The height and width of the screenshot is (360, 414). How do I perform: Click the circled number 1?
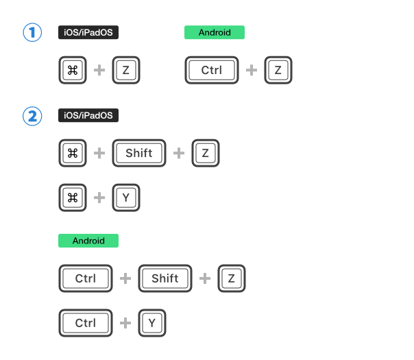pyautogui.click(x=32, y=32)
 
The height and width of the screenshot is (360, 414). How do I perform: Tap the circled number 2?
pyautogui.click(x=32, y=116)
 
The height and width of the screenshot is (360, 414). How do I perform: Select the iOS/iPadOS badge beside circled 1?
pyautogui.click(x=88, y=32)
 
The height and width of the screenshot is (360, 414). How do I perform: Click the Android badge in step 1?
pyautogui.click(x=215, y=32)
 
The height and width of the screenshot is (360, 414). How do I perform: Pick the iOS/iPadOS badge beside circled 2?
pyautogui.click(x=88, y=115)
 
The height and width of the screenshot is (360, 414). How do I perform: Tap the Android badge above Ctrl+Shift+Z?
pyautogui.click(x=88, y=241)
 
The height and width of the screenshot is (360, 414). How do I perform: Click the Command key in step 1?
pyautogui.click(x=73, y=70)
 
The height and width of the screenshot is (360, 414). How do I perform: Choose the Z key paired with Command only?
pyautogui.click(x=126, y=70)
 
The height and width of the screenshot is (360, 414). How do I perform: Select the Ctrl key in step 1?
pyautogui.click(x=212, y=70)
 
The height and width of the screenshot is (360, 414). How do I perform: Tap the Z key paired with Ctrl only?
pyautogui.click(x=278, y=70)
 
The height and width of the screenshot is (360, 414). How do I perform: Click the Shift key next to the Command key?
pyautogui.click(x=139, y=153)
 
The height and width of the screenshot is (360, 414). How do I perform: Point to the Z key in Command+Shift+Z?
pyautogui.click(x=206, y=153)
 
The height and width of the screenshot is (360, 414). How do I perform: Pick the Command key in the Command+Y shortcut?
pyautogui.click(x=73, y=197)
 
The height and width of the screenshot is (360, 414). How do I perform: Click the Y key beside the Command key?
pyautogui.click(x=126, y=197)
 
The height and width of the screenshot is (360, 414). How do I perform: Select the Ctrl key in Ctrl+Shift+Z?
pyautogui.click(x=86, y=278)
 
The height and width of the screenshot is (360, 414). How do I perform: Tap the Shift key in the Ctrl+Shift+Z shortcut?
pyautogui.click(x=165, y=278)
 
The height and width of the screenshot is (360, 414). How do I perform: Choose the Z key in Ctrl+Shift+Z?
pyautogui.click(x=232, y=278)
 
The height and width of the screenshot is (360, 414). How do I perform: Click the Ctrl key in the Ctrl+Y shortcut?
pyautogui.click(x=86, y=323)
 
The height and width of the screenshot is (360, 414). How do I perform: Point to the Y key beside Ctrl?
pyautogui.click(x=152, y=323)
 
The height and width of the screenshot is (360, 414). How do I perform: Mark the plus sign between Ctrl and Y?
pyautogui.click(x=125, y=323)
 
